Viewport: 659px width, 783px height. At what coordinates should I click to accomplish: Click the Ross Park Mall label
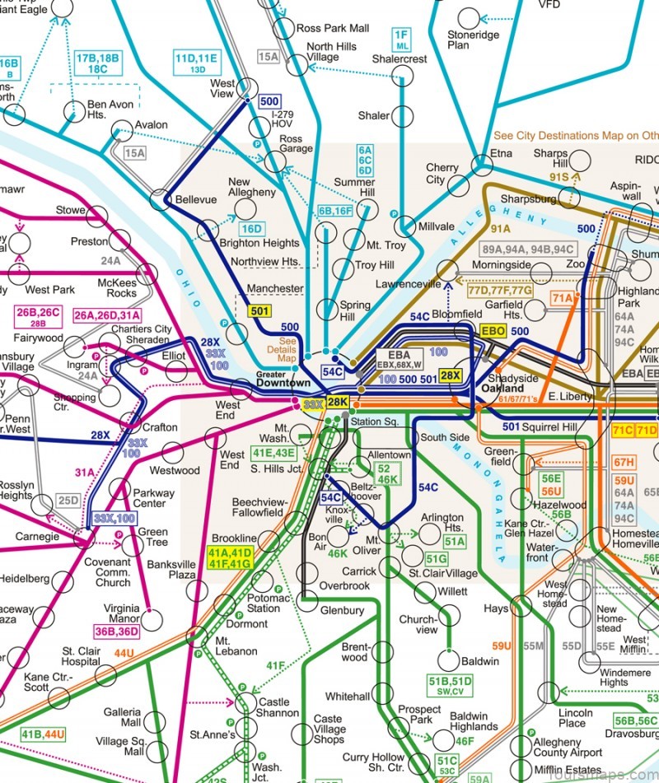pyautogui.click(x=333, y=28)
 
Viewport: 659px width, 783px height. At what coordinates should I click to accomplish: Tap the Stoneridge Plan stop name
pyautogui.click(x=470, y=40)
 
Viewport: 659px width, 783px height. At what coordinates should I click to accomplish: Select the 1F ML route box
pyautogui.click(x=401, y=40)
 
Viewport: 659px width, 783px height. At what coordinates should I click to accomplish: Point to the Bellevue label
pyautogui.click(x=195, y=200)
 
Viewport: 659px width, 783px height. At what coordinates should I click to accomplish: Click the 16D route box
pyautogui.click(x=251, y=229)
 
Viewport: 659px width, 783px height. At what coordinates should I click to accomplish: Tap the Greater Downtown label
pyautogui.click(x=283, y=378)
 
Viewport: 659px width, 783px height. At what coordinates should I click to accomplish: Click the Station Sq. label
pyautogui.click(x=375, y=422)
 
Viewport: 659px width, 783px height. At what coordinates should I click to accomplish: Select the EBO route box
pyautogui.click(x=493, y=331)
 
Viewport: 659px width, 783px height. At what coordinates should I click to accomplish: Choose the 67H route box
pyautogui.click(x=646, y=462)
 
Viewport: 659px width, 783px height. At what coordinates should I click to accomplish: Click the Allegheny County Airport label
pyautogui.click(x=568, y=748)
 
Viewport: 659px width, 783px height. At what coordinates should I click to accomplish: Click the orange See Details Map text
pyautogui.click(x=287, y=350)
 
